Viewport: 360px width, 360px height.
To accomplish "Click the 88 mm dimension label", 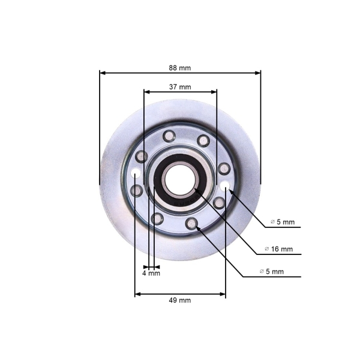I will [180, 67].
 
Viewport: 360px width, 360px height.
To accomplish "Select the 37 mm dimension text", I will [180, 86].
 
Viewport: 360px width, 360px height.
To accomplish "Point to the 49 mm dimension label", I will [180, 300].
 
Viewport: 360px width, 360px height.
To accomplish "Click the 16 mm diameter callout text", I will [279, 249].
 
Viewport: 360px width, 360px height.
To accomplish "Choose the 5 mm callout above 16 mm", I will [282, 222].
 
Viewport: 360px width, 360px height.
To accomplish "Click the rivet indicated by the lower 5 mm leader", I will [192, 224].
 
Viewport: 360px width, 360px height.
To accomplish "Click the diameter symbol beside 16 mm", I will [267, 249].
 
